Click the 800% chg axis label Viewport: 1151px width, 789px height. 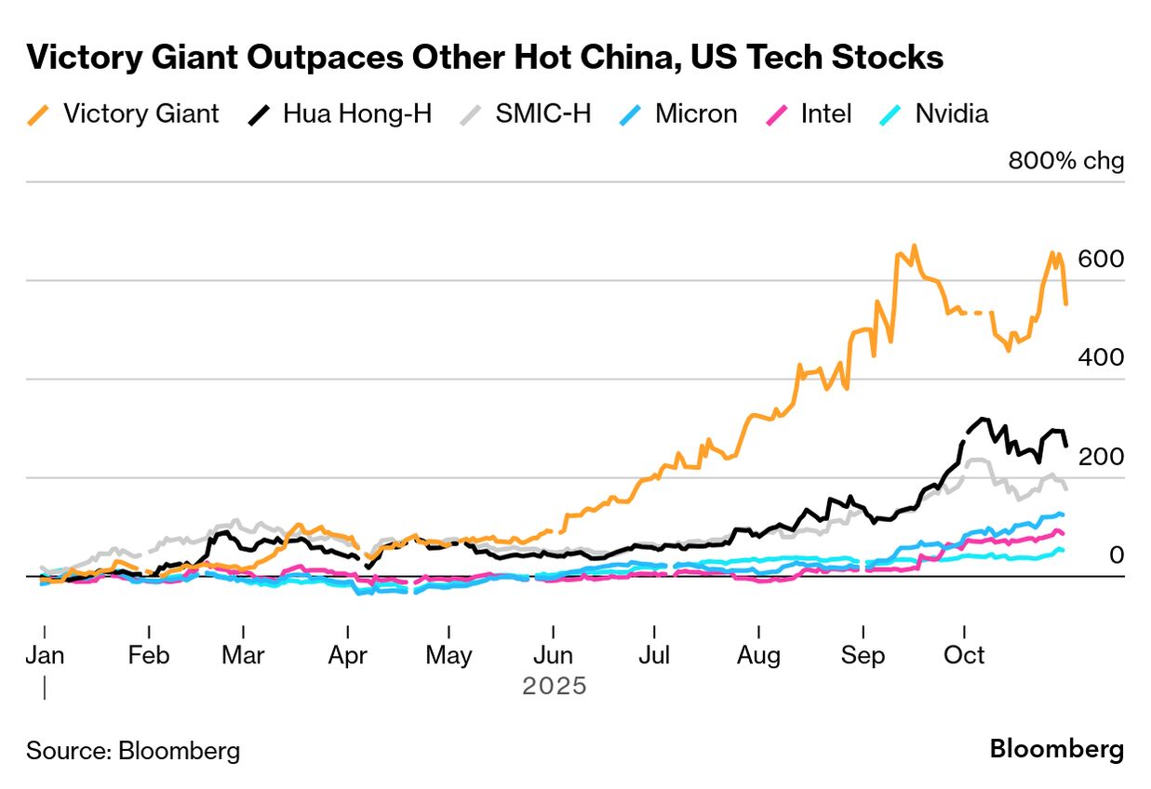1066,161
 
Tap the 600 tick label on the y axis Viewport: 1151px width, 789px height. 1102,259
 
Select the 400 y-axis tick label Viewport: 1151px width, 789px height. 1102,357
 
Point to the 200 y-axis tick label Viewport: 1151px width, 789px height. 1102,457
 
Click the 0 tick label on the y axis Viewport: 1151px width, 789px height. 1116,555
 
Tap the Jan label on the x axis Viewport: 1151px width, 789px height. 45,655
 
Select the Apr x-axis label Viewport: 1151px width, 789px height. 347,655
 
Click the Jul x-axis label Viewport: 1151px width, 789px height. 654,655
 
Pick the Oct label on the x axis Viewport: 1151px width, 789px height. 964,655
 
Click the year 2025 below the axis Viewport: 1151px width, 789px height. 555,687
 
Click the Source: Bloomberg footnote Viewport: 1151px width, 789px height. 133,751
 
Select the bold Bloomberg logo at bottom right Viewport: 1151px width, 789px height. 1056,749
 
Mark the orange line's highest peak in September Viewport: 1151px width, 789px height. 914,247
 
